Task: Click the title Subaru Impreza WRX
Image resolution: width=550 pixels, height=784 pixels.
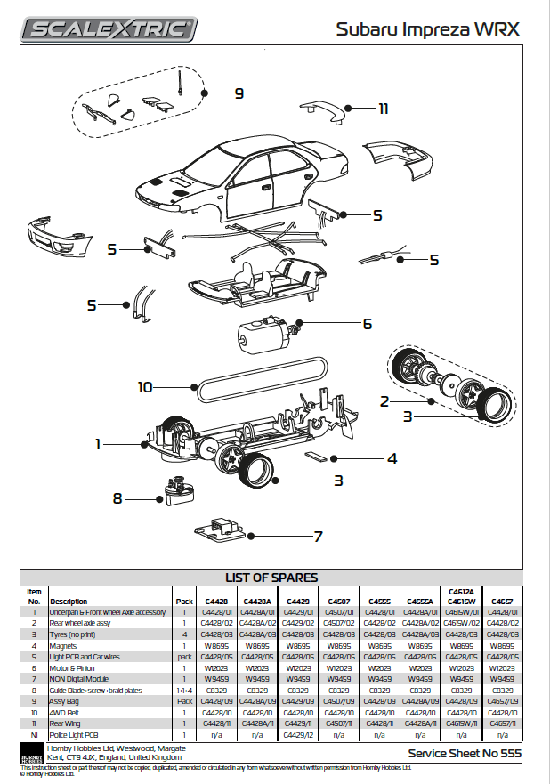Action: pyautogui.click(x=427, y=29)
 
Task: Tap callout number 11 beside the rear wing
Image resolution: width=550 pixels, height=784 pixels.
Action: pyautogui.click(x=384, y=109)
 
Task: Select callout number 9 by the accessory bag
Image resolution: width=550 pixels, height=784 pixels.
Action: pyautogui.click(x=239, y=93)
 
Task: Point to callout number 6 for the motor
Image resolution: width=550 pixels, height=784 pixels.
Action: pyautogui.click(x=366, y=325)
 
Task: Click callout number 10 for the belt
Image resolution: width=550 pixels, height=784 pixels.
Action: pyautogui.click(x=146, y=387)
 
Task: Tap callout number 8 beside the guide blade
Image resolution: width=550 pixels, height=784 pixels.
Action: pyautogui.click(x=117, y=498)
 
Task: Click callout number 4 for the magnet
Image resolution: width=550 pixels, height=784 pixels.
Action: pyautogui.click(x=391, y=459)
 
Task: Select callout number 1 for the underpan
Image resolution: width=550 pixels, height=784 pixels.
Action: pyautogui.click(x=100, y=442)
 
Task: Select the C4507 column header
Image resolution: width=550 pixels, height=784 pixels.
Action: pyautogui.click(x=338, y=602)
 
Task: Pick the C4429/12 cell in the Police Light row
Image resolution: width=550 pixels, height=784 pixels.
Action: pyautogui.click(x=297, y=736)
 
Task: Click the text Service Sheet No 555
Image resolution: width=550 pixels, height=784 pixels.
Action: pyautogui.click(x=463, y=754)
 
